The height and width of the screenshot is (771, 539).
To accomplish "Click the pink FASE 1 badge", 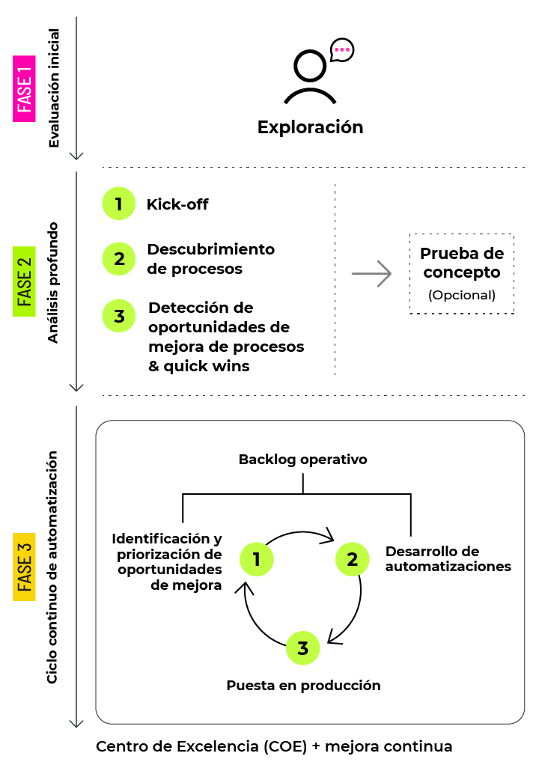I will point(25,88).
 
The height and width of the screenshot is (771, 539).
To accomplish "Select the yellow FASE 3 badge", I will point(25,567).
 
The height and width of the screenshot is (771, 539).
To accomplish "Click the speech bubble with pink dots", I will point(342,50).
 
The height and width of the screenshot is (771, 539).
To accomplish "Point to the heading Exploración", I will point(310,127).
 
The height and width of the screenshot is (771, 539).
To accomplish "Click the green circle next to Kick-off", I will point(118,204).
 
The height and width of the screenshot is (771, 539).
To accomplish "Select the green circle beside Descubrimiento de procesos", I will point(118,259).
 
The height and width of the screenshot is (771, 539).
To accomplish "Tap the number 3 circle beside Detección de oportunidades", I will point(118,316).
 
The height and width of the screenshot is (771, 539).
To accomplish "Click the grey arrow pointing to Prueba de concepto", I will point(372,274).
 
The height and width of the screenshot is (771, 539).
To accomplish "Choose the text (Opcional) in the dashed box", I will point(462,295).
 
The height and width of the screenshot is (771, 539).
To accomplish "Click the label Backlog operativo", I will point(303,460).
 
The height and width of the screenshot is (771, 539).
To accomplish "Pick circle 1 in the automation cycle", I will point(256,559).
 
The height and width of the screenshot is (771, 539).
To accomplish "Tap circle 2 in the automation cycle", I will point(352,559).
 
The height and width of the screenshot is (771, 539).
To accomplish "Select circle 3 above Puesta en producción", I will point(303,649).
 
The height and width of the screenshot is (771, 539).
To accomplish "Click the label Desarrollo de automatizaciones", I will point(448,559).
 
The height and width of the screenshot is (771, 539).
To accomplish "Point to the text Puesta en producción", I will point(303,685).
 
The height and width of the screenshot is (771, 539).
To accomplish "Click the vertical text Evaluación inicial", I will point(54,88).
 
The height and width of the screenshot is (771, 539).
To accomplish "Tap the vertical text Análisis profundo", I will point(54,282).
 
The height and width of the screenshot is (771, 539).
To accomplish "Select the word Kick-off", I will point(177,204).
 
